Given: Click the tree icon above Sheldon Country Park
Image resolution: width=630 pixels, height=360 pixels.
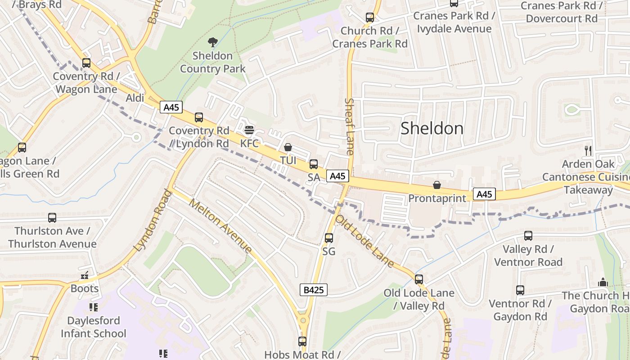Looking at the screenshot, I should [212, 42].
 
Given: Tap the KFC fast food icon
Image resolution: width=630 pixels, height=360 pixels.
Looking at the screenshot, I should [249, 130].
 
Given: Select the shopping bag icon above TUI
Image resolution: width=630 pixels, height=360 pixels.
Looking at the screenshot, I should [288, 147].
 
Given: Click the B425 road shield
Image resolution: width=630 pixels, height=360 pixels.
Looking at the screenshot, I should [313, 290].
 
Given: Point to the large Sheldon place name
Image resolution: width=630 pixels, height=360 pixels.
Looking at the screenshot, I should [432, 129].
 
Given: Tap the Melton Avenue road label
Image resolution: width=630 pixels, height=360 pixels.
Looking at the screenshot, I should [220, 225].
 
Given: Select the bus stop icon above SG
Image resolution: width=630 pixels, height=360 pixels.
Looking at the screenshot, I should [329, 238].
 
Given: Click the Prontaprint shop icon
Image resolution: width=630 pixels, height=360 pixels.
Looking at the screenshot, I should [436, 185].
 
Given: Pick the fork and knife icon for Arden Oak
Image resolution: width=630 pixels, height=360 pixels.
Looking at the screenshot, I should [588, 150].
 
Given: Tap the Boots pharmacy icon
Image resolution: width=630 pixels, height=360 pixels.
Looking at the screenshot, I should [85, 275].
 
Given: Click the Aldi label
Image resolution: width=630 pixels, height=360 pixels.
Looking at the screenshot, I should [135, 98].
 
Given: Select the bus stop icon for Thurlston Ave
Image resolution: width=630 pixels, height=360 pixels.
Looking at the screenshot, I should [52, 218].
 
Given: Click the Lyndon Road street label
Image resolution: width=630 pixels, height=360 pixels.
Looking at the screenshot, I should [153, 221].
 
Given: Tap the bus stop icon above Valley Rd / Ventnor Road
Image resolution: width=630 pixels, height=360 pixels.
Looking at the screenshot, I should [528, 235].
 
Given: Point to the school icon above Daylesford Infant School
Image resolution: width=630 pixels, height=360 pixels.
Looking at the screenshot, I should [94, 307].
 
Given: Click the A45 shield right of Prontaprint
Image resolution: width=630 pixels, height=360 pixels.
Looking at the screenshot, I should [484, 194].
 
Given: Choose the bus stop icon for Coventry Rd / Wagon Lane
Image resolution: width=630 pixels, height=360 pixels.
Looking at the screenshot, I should [86, 63].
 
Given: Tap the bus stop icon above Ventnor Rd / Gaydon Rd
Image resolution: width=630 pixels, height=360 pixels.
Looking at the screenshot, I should [520, 290].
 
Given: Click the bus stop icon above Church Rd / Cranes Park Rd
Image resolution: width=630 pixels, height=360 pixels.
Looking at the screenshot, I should [370, 18].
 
